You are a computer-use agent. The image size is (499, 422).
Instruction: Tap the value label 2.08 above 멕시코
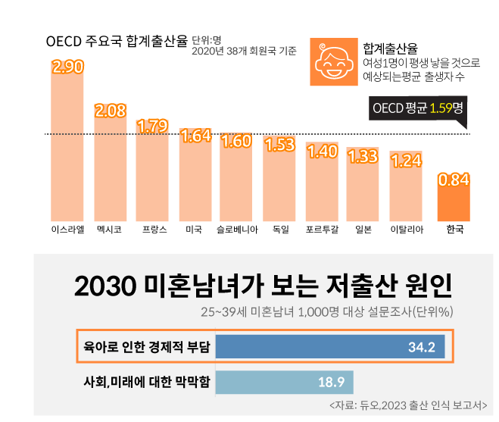coord(110,111)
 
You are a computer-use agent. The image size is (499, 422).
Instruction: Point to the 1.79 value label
coord(152,125)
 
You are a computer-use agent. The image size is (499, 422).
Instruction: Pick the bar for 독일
coord(279,182)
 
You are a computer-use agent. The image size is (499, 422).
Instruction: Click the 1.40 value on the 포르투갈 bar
coord(322,151)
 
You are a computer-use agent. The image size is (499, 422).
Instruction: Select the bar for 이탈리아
coord(406,189)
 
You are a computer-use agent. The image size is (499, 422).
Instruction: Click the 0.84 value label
coord(454,180)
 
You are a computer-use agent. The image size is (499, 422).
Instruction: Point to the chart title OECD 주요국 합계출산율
coord(117,41)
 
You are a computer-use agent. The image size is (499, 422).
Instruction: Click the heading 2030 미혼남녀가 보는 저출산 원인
coord(263,286)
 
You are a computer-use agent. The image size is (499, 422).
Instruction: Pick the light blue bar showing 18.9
coord(284,381)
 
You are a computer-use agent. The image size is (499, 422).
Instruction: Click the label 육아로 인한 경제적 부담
coord(146,348)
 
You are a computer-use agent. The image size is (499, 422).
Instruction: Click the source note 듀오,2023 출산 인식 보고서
coord(409,405)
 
